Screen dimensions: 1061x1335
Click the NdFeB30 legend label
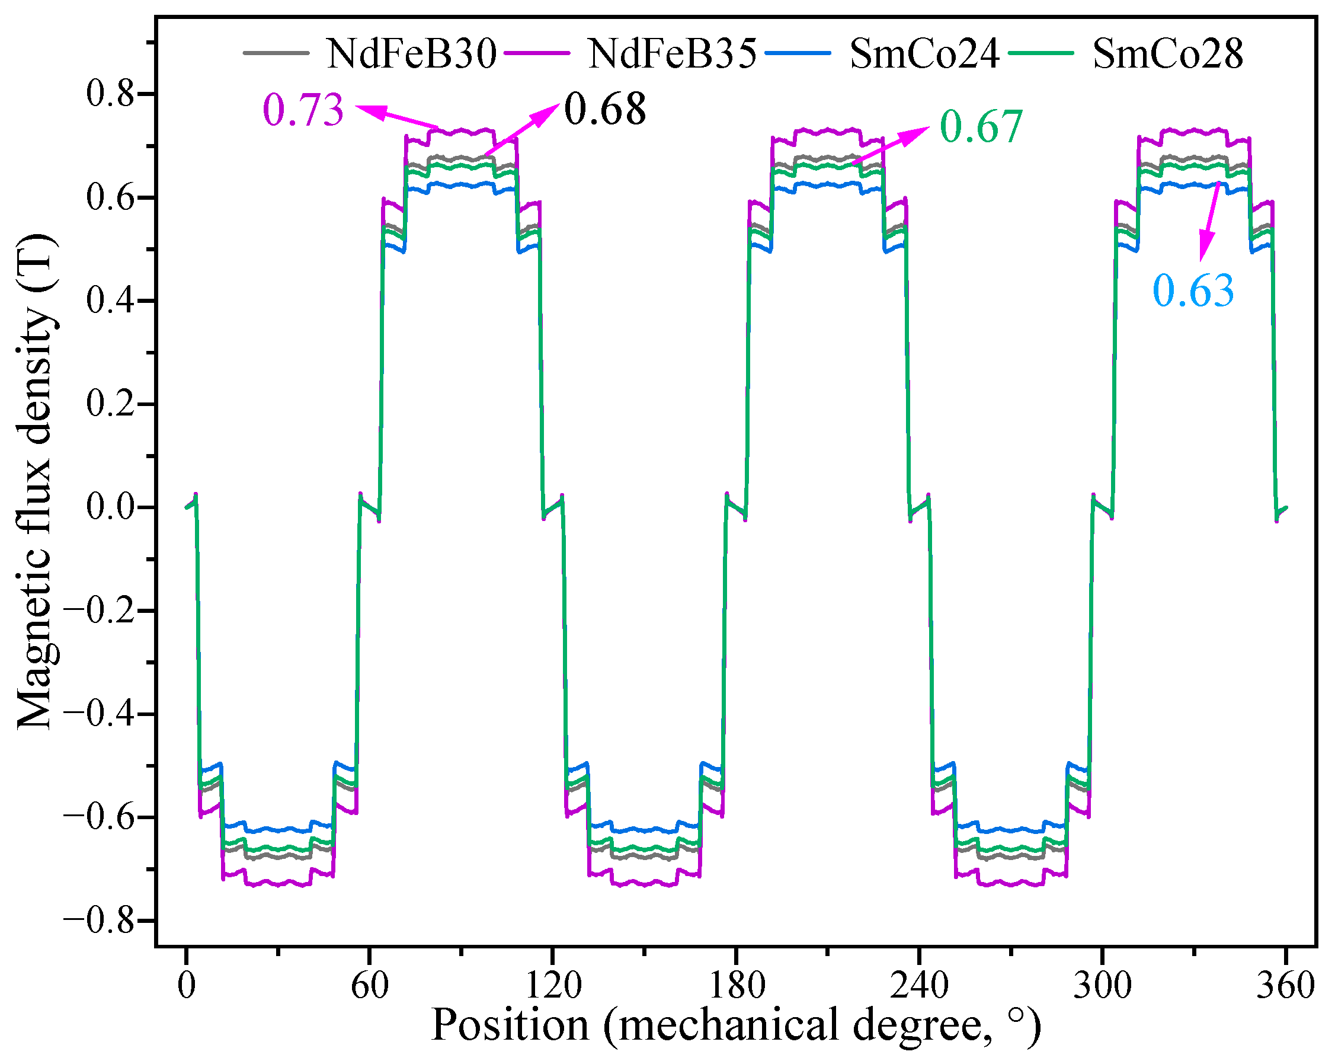coord(412,54)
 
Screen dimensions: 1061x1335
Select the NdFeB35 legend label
coord(672,54)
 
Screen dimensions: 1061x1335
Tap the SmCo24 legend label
coord(924,54)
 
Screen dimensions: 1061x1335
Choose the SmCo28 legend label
coord(1168,54)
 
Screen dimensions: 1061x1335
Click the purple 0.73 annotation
coord(303,111)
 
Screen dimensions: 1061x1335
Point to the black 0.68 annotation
coord(605,110)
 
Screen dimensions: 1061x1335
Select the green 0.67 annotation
coord(981,127)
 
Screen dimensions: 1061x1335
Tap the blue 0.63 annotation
coord(1193,290)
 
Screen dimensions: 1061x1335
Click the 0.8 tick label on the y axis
coord(110,94)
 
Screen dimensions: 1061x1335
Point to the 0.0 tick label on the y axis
coord(110,507)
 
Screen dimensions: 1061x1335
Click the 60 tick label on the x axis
coord(370,985)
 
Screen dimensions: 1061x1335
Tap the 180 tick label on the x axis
coord(736,985)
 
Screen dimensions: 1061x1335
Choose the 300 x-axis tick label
coord(1102,985)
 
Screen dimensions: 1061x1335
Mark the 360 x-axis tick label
coord(1285,985)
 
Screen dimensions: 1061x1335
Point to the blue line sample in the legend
coord(798,53)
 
